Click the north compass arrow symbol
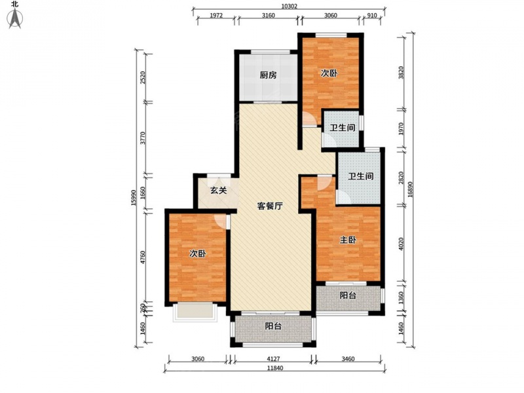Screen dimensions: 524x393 [x=14, y=18]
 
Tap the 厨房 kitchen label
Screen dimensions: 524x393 [x=268, y=75]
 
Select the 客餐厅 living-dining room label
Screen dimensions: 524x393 [x=270, y=206]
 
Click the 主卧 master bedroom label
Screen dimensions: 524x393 [x=348, y=240]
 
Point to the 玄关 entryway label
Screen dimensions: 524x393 [x=219, y=191]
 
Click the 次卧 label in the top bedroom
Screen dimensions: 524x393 [x=329, y=73]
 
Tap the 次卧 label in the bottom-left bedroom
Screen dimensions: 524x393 [x=198, y=254]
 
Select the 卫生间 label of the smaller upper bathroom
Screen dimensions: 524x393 [x=342, y=128]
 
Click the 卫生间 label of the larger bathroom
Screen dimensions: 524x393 [x=361, y=176]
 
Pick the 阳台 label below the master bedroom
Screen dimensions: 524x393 [x=348, y=295]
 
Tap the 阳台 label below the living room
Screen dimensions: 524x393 [x=273, y=326]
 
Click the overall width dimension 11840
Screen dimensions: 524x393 [x=275, y=368]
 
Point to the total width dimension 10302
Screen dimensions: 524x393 [x=289, y=7]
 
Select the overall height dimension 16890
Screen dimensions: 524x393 [x=411, y=189]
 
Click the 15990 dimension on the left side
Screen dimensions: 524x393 [x=134, y=198]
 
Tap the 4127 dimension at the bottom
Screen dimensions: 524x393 [x=273, y=359]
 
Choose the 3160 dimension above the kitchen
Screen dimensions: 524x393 [x=268, y=15]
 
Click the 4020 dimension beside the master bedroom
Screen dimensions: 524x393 [x=402, y=244]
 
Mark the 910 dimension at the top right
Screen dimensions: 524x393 [x=371, y=15]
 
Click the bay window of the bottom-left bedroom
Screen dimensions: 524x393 [x=195, y=312]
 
